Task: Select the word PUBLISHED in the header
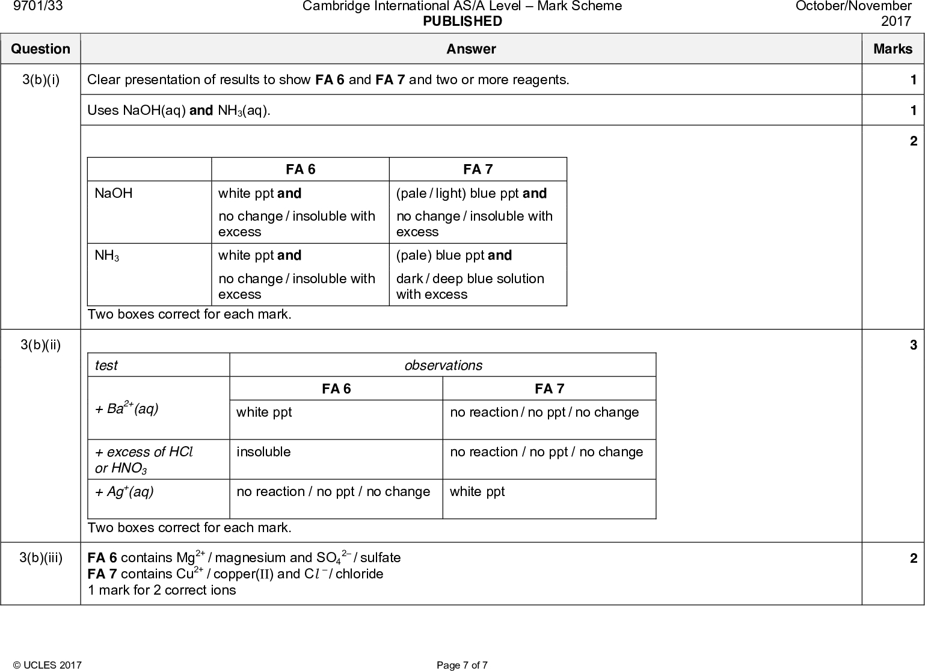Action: coord(462,22)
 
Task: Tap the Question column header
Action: coord(40,49)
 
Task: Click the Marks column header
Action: coord(893,49)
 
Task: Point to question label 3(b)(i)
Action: coord(40,79)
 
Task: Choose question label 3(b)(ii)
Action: coord(40,345)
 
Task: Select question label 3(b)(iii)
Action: coord(40,558)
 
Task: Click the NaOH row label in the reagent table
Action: coord(114,193)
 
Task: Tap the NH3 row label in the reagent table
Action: coord(107,256)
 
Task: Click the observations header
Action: coord(443,366)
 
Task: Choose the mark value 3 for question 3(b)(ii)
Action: coord(913,345)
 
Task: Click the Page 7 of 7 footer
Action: coord(462,665)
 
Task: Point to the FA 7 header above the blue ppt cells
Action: coord(478,170)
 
